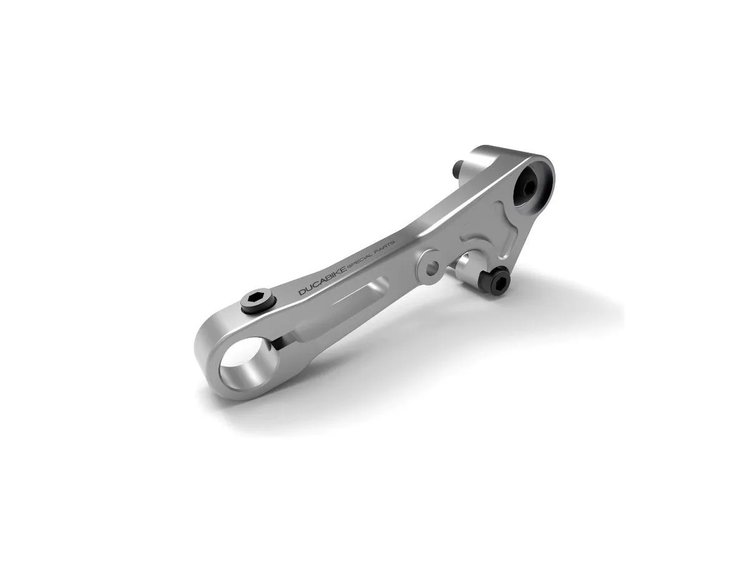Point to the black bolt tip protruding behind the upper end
point(458,168)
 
